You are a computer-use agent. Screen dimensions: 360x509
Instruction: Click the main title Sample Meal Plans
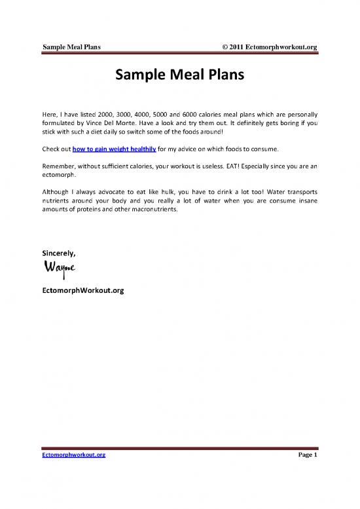[179, 75]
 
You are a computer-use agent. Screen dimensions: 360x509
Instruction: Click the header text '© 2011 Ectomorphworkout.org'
[270, 47]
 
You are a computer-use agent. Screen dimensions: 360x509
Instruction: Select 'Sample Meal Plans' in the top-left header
[75, 47]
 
